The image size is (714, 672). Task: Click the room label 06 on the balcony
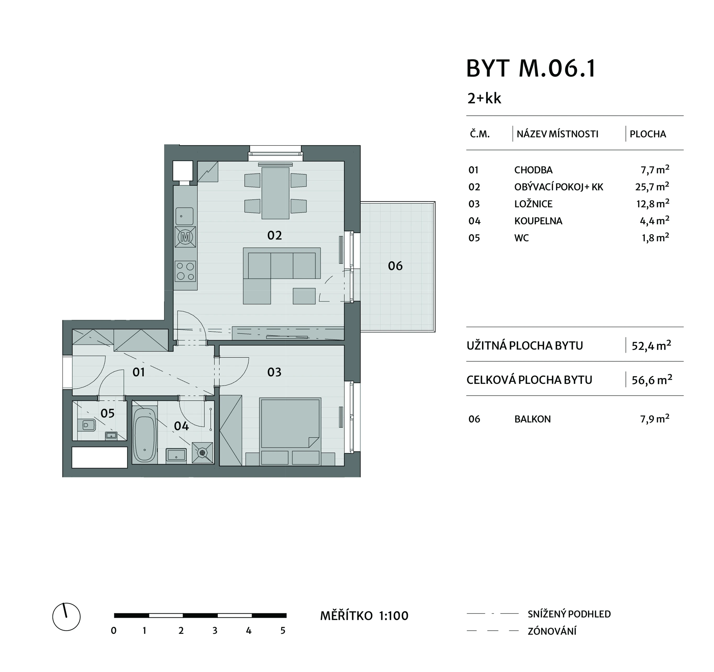(395, 266)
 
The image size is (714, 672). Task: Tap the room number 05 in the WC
(107, 413)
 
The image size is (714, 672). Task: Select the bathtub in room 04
(145, 435)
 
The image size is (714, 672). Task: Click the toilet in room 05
(86, 425)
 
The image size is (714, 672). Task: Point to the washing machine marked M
(185, 237)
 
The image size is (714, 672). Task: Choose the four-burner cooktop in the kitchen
(185, 271)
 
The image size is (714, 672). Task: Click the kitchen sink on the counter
(184, 216)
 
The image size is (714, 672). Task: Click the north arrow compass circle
(66, 617)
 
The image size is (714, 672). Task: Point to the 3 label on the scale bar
(215, 631)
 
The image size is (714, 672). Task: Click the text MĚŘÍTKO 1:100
(364, 616)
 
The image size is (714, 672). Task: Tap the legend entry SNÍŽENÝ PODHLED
(569, 614)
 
